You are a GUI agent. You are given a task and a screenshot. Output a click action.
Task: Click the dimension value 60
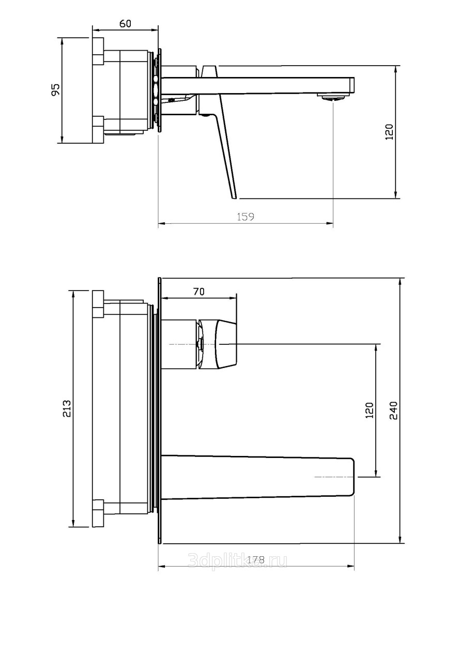click(126, 23)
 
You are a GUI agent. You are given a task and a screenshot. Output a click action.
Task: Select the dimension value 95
click(56, 89)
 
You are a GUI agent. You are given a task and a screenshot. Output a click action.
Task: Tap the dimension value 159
click(246, 217)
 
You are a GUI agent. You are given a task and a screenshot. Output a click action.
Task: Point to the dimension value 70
click(198, 292)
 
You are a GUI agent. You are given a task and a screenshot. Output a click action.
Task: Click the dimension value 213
click(67, 408)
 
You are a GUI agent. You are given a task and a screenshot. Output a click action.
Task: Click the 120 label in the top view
click(389, 131)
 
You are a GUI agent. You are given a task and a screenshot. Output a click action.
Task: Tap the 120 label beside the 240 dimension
click(369, 410)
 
